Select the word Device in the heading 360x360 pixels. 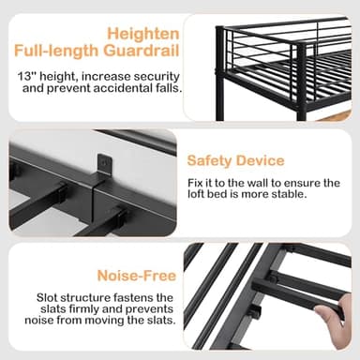click(x=262, y=160)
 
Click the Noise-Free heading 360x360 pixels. click(x=136, y=276)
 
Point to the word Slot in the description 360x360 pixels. click(x=48, y=297)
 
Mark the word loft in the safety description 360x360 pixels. click(x=200, y=195)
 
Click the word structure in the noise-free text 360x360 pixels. click(x=90, y=297)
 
